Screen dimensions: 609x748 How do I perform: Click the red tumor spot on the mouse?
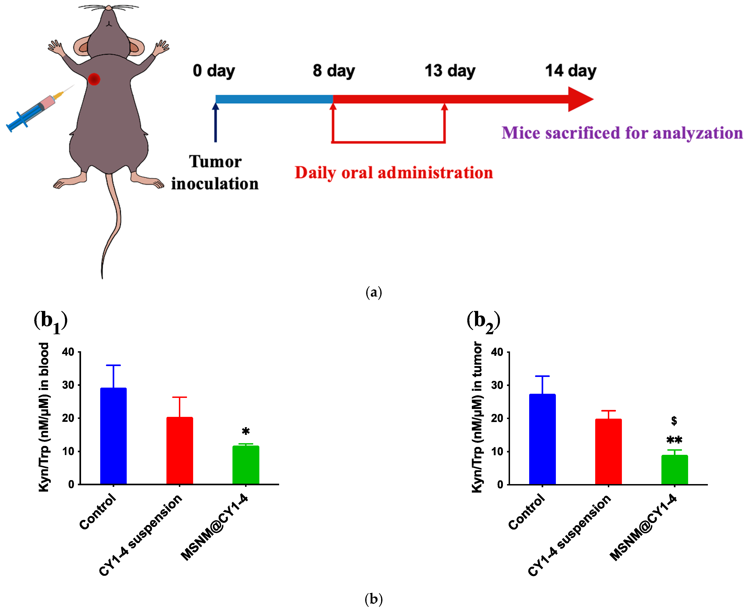tap(94, 79)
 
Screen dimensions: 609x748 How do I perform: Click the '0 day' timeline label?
tap(214, 71)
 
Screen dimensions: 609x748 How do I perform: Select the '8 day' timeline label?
tap(334, 71)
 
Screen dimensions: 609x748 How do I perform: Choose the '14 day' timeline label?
tap(570, 71)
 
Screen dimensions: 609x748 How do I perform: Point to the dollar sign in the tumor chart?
tap(674, 421)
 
